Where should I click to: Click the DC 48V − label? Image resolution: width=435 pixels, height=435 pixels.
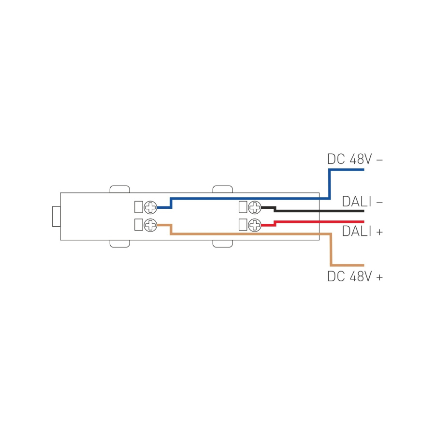pyautogui.click(x=355, y=159)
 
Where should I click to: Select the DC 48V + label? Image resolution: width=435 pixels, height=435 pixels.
pyautogui.click(x=355, y=277)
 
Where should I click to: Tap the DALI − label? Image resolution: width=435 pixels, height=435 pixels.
pyautogui.click(x=362, y=202)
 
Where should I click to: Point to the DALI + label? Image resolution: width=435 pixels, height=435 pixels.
pyautogui.click(x=362, y=232)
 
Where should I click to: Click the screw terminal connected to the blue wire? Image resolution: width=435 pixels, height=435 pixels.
pyautogui.click(x=151, y=208)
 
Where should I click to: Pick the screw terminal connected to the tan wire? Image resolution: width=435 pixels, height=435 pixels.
pyautogui.click(x=151, y=225)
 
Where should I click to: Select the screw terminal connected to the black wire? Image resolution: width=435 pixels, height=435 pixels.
pyautogui.click(x=255, y=208)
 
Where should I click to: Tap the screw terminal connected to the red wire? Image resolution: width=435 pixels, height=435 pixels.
pyautogui.click(x=255, y=225)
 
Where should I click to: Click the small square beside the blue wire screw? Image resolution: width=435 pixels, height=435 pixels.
pyautogui.click(x=138, y=207)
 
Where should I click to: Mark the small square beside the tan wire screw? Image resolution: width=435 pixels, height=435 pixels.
pyautogui.click(x=138, y=225)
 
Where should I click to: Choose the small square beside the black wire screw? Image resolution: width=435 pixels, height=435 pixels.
pyautogui.click(x=243, y=207)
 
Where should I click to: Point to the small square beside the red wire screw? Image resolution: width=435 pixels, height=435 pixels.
pyautogui.click(x=243, y=225)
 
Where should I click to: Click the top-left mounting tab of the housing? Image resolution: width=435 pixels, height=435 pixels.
pyautogui.click(x=120, y=189)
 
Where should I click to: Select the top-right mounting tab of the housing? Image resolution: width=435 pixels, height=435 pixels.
pyautogui.click(x=223, y=189)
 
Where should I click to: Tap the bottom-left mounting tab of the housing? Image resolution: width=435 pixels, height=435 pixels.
pyautogui.click(x=120, y=244)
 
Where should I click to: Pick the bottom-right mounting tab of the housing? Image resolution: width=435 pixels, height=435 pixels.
pyautogui.click(x=223, y=244)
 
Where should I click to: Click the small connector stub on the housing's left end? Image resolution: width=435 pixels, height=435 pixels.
pyautogui.click(x=57, y=216)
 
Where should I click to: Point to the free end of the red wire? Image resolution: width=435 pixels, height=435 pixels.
pyautogui.click(x=362, y=222)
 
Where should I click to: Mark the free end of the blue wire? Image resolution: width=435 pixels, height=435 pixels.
pyautogui.click(x=362, y=170)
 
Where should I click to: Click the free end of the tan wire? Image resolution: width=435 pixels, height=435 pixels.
pyautogui.click(x=362, y=265)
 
